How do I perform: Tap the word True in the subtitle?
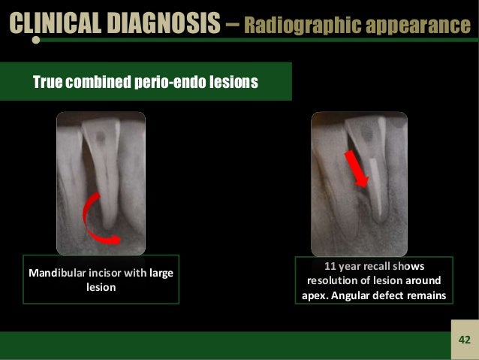point(50,81)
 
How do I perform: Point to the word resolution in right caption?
point(334,280)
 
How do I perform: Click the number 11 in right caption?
point(329,266)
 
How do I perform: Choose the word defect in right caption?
point(393,295)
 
